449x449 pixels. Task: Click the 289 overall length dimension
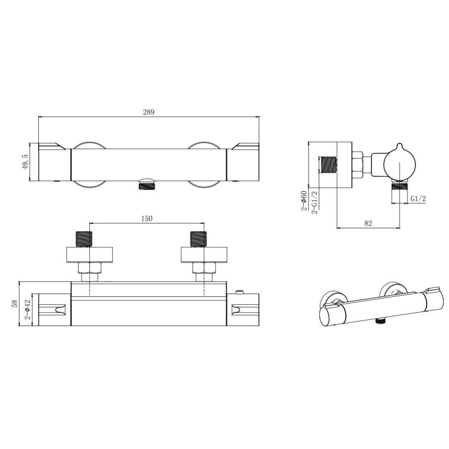point(149,112)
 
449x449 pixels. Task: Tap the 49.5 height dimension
point(25,162)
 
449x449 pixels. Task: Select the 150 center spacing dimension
point(146,218)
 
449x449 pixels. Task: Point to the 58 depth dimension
point(15,304)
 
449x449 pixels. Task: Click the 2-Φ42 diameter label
point(28,310)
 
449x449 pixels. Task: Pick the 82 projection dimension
point(368,223)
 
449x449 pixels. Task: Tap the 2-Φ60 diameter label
point(304,201)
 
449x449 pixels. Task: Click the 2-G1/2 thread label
point(314,202)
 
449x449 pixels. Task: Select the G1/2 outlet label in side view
point(418,199)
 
